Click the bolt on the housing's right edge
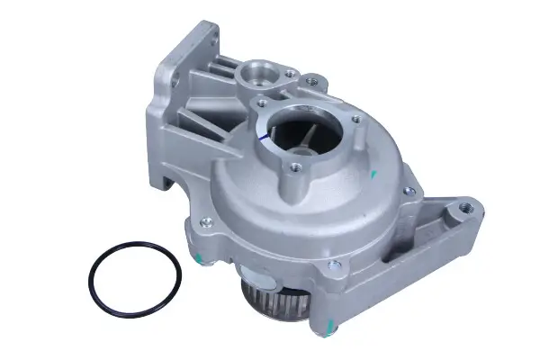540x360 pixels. pyautogui.click(x=408, y=191)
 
